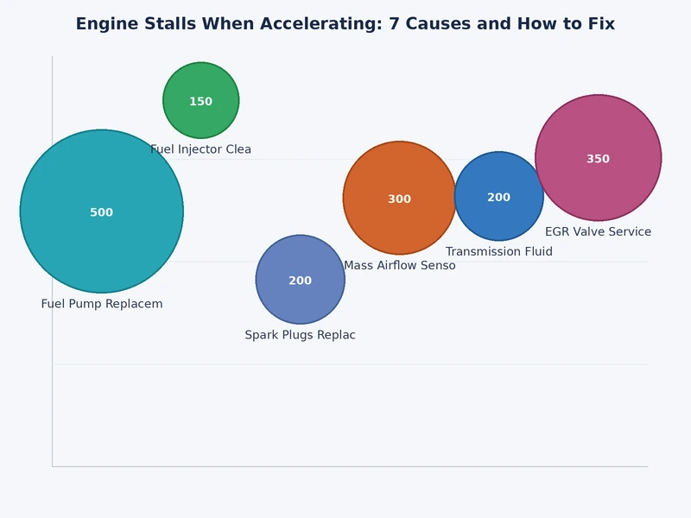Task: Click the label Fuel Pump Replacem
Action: click(x=102, y=304)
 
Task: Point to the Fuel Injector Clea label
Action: click(x=200, y=149)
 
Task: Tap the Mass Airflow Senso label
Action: click(x=399, y=266)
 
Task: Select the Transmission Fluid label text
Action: click(x=498, y=252)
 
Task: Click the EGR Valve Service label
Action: click(x=598, y=232)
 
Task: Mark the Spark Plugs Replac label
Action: click(x=300, y=335)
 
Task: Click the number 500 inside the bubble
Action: click(x=102, y=212)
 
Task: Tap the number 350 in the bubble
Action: click(x=598, y=159)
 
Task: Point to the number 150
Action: click(x=200, y=102)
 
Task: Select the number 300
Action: click(x=399, y=199)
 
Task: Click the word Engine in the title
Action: click(x=105, y=24)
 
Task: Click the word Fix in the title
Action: click(x=601, y=24)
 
